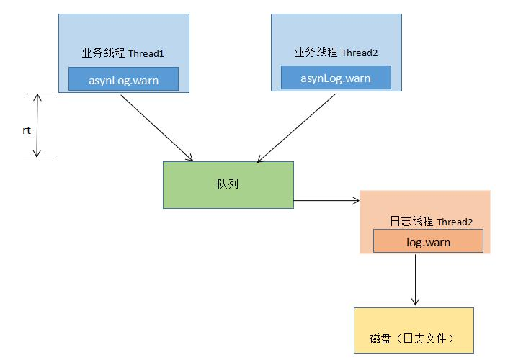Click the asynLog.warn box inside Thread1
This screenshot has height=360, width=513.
[123, 78]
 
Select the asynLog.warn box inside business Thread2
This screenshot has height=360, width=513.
[336, 78]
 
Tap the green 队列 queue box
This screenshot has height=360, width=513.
[228, 185]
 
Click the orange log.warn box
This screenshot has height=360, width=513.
[428, 242]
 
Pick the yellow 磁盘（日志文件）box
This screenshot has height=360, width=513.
[414, 330]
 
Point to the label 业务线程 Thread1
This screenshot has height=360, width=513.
[123, 53]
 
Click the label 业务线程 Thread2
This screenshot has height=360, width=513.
[336, 53]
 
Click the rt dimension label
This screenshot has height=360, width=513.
[26, 130]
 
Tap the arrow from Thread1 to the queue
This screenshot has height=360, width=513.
[157, 127]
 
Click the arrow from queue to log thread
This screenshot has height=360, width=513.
[326, 200]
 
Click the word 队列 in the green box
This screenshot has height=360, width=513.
[228, 184]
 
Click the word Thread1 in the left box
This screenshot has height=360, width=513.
[148, 54]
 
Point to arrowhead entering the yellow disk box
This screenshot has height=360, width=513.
[416, 302]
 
